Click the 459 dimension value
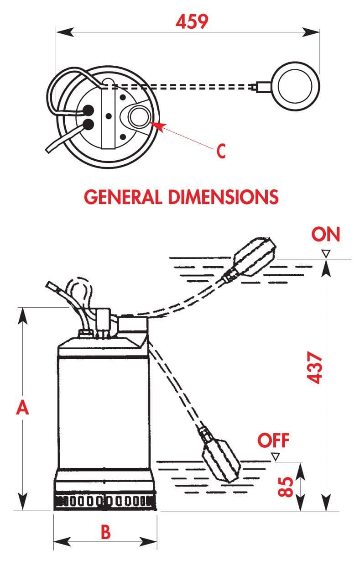[x=192, y=21]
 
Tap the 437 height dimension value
[x=315, y=367]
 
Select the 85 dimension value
[x=285, y=487]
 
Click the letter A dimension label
[x=22, y=408]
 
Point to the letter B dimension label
[x=105, y=532]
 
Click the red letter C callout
[x=221, y=151]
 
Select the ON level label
[x=326, y=234]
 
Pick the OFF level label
[x=273, y=440]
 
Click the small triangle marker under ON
[x=325, y=253]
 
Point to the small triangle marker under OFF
[x=275, y=456]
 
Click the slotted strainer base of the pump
[x=105, y=503]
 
